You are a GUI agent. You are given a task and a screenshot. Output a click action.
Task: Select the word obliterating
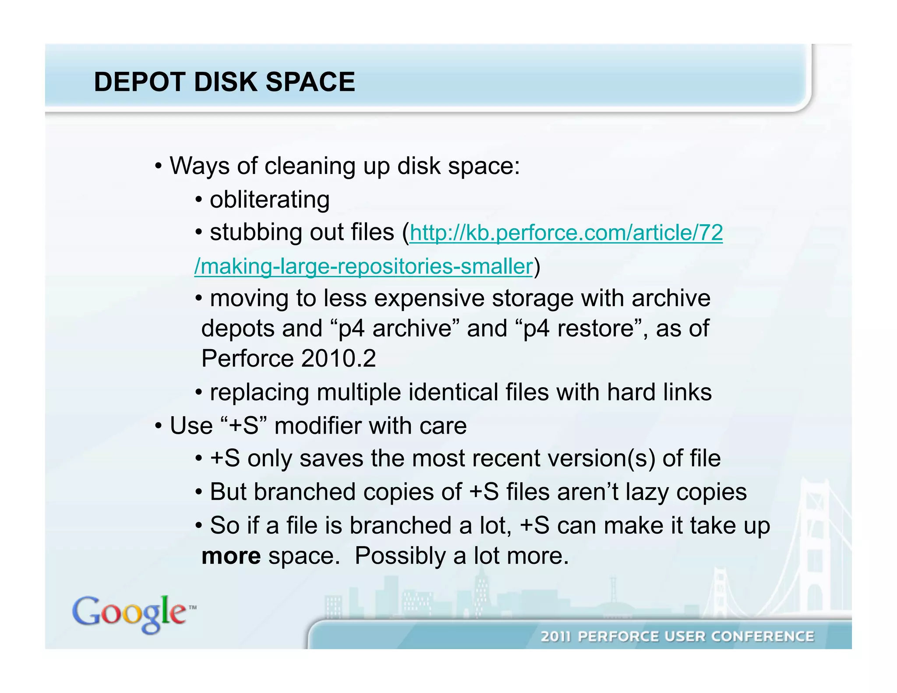click(269, 200)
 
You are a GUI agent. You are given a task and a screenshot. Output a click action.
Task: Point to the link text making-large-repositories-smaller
click(364, 266)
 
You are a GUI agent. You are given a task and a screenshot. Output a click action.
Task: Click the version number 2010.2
click(338, 359)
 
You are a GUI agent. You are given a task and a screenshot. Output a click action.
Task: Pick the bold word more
click(231, 556)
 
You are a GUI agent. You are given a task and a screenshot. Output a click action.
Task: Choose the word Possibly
click(400, 556)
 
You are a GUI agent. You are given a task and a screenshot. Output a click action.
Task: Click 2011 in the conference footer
click(555, 636)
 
